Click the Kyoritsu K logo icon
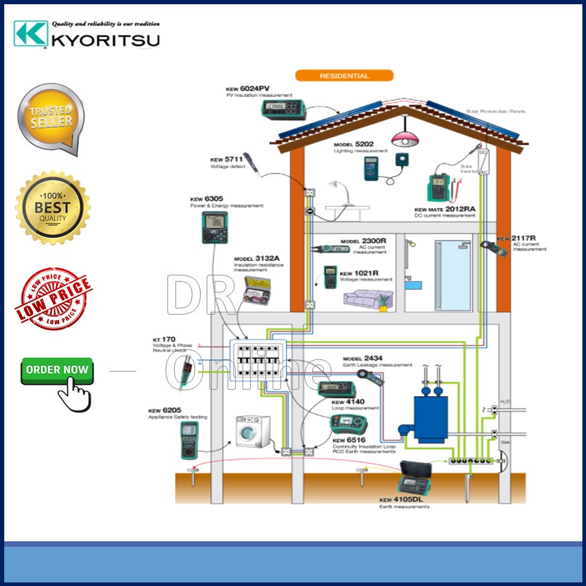click(x=30, y=34)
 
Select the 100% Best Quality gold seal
click(x=53, y=207)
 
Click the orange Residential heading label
click(x=344, y=76)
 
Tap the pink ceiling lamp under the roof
click(x=402, y=139)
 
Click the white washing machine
click(x=253, y=431)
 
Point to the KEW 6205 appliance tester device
click(x=189, y=439)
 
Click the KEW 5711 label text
click(x=226, y=159)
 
